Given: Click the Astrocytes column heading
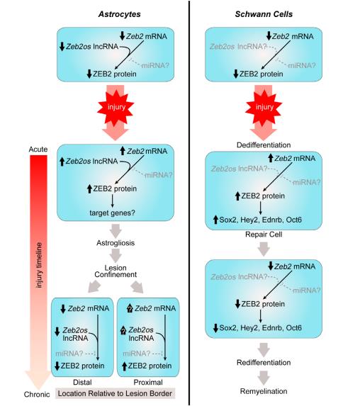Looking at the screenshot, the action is point(119,14).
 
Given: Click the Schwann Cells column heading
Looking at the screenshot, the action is point(264,14).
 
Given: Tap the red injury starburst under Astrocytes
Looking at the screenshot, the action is point(116,107).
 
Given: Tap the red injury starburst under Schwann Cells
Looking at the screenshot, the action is point(264,107).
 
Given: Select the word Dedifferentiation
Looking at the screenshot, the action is point(264,145).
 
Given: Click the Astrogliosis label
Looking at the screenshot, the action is point(116,243).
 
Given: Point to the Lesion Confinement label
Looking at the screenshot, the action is point(116,271).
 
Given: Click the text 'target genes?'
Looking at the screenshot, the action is point(112,213).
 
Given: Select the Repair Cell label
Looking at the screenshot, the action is point(264,235).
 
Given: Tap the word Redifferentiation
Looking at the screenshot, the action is point(264,363).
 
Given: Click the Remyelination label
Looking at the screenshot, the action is point(264,391).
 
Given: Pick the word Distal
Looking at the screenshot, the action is point(82,382).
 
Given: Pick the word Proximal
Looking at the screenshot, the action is point(148,382).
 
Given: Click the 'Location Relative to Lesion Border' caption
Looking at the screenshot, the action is point(115,393).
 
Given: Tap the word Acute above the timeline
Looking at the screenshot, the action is point(38,149).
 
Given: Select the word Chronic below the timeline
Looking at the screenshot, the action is point(37,395).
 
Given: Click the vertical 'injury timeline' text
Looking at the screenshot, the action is point(39,265).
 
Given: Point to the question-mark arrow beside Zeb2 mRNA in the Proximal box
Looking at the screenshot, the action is point(130,308).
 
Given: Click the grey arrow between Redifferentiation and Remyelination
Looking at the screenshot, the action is point(264,378).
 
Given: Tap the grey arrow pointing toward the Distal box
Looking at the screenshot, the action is point(94,286).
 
